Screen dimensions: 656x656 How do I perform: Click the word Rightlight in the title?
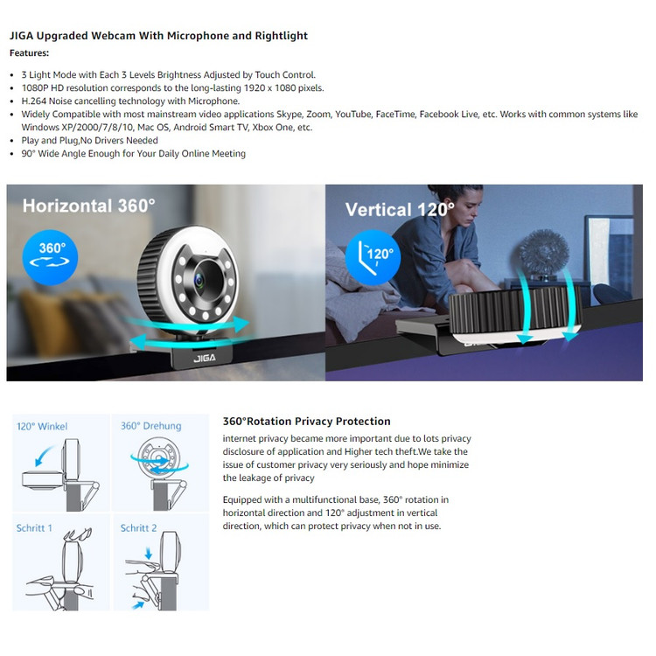click(x=281, y=36)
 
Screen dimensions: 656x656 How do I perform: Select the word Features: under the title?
click(x=29, y=53)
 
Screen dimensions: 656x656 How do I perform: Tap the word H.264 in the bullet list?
click(x=34, y=101)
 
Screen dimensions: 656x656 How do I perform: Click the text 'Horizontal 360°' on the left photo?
click(x=88, y=206)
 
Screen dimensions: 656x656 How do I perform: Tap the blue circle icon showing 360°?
click(x=50, y=257)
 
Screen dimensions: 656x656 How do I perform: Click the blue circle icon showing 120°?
click(x=373, y=257)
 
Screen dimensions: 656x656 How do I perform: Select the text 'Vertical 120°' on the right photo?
click(x=400, y=210)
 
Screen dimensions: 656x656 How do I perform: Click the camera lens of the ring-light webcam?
click(x=201, y=281)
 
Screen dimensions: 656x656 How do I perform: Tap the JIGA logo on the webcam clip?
click(x=205, y=358)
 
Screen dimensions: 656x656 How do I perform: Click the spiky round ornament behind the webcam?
click(x=543, y=252)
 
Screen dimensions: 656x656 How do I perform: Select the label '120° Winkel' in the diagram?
click(x=42, y=426)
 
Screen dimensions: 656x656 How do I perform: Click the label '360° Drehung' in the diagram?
click(x=151, y=426)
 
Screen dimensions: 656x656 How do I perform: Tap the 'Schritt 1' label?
click(x=34, y=528)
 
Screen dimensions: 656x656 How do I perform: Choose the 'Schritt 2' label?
click(x=138, y=528)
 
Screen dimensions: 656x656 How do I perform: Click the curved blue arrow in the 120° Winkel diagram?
click(x=43, y=454)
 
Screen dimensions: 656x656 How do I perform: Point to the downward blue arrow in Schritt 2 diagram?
click(x=149, y=554)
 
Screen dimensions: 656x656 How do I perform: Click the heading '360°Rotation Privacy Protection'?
click(x=307, y=422)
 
